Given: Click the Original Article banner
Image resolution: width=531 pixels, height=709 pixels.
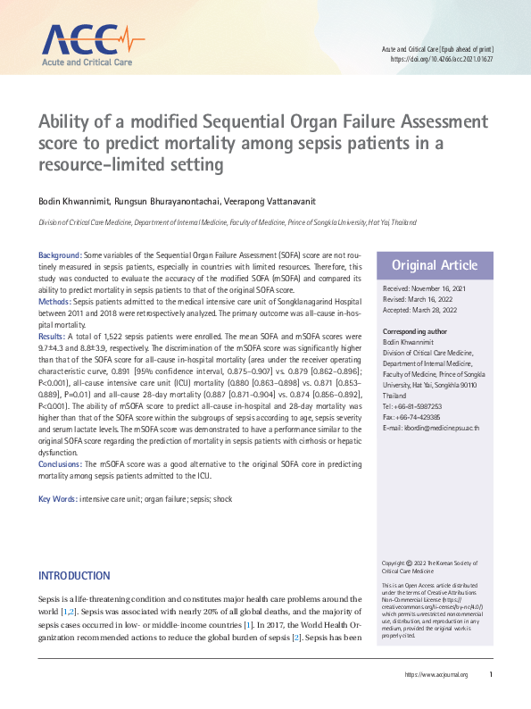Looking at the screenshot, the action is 435,265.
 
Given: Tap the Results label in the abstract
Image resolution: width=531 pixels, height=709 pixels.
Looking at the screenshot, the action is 53,335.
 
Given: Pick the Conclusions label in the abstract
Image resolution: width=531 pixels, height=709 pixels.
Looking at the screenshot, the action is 60,464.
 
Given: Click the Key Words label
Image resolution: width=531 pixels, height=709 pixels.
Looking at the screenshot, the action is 57,497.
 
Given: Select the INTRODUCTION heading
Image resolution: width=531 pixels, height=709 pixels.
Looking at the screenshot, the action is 74,576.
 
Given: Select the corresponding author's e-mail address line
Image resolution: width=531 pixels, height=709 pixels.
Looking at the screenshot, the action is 430,429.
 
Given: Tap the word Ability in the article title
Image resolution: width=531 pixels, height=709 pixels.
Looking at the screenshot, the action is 67,121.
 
